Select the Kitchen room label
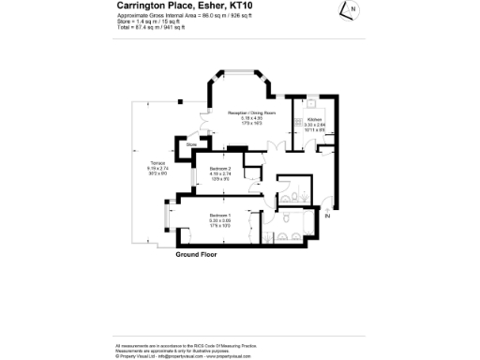(314, 120)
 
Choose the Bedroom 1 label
(221, 217)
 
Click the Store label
(190, 144)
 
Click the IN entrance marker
(327, 217)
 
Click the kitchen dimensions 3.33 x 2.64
(314, 125)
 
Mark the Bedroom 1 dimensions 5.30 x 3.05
(221, 221)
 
